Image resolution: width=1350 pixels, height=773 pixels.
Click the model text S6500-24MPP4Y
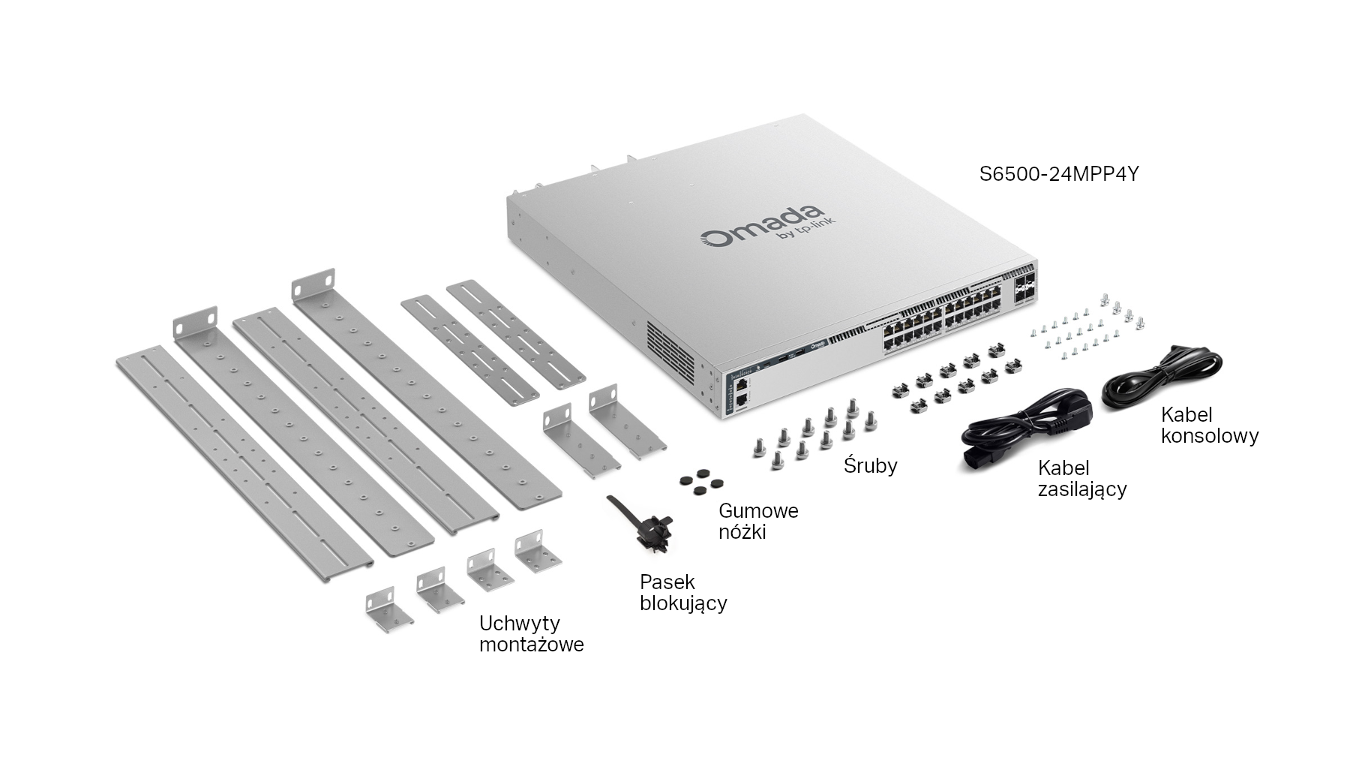point(1059,175)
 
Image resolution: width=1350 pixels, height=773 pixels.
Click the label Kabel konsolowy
point(1209,425)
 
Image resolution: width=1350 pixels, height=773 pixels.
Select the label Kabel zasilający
point(1081,478)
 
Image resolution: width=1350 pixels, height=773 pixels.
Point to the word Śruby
point(870,465)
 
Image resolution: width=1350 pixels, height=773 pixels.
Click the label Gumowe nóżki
point(757,521)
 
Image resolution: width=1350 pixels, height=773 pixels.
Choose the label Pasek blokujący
point(682,591)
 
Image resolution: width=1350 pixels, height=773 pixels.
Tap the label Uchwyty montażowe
point(531,633)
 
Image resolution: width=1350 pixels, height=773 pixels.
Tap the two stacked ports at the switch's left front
point(741,391)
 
